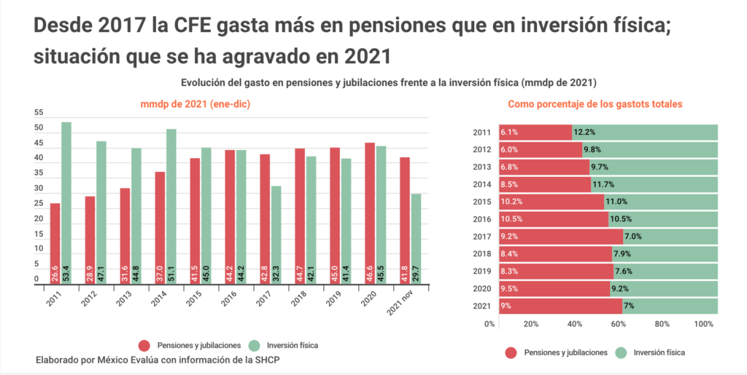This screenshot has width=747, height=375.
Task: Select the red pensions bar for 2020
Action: click(370, 204)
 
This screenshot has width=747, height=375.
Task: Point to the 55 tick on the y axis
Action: click(39, 113)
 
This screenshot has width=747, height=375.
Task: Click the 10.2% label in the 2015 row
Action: click(511, 202)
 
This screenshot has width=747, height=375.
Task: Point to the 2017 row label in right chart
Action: click(482, 236)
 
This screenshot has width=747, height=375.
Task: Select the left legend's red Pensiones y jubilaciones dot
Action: click(143, 345)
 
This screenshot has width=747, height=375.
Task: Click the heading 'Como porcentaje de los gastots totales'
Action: click(595, 104)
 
